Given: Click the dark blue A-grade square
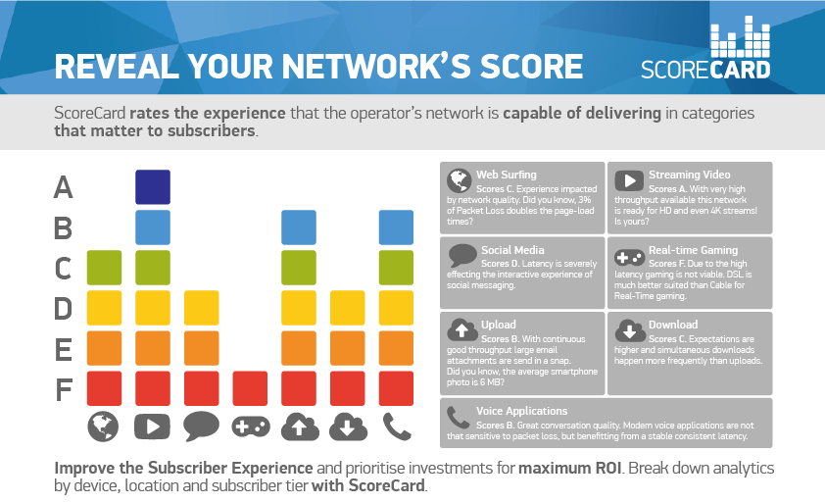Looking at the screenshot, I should click(x=153, y=186).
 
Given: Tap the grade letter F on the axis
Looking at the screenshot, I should click(x=64, y=390).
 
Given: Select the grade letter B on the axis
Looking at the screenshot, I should click(x=64, y=228).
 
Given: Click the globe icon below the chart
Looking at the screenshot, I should click(x=104, y=426).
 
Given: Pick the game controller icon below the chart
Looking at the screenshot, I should click(x=250, y=426).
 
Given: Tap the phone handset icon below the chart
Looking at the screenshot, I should click(x=396, y=426).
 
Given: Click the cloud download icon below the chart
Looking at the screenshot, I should click(x=348, y=426).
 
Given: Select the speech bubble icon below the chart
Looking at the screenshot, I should click(x=201, y=426).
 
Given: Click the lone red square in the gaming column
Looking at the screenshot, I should click(x=250, y=387).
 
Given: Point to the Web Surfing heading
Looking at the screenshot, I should click(x=507, y=176).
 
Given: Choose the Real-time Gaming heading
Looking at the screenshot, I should click(x=693, y=250).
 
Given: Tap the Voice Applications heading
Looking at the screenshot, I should click(x=522, y=411).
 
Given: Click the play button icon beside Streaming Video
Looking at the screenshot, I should click(x=627, y=180).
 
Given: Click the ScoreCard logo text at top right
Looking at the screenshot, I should click(x=705, y=70).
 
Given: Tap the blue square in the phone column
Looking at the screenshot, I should click(x=397, y=227).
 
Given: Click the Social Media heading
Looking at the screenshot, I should click(x=512, y=250).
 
